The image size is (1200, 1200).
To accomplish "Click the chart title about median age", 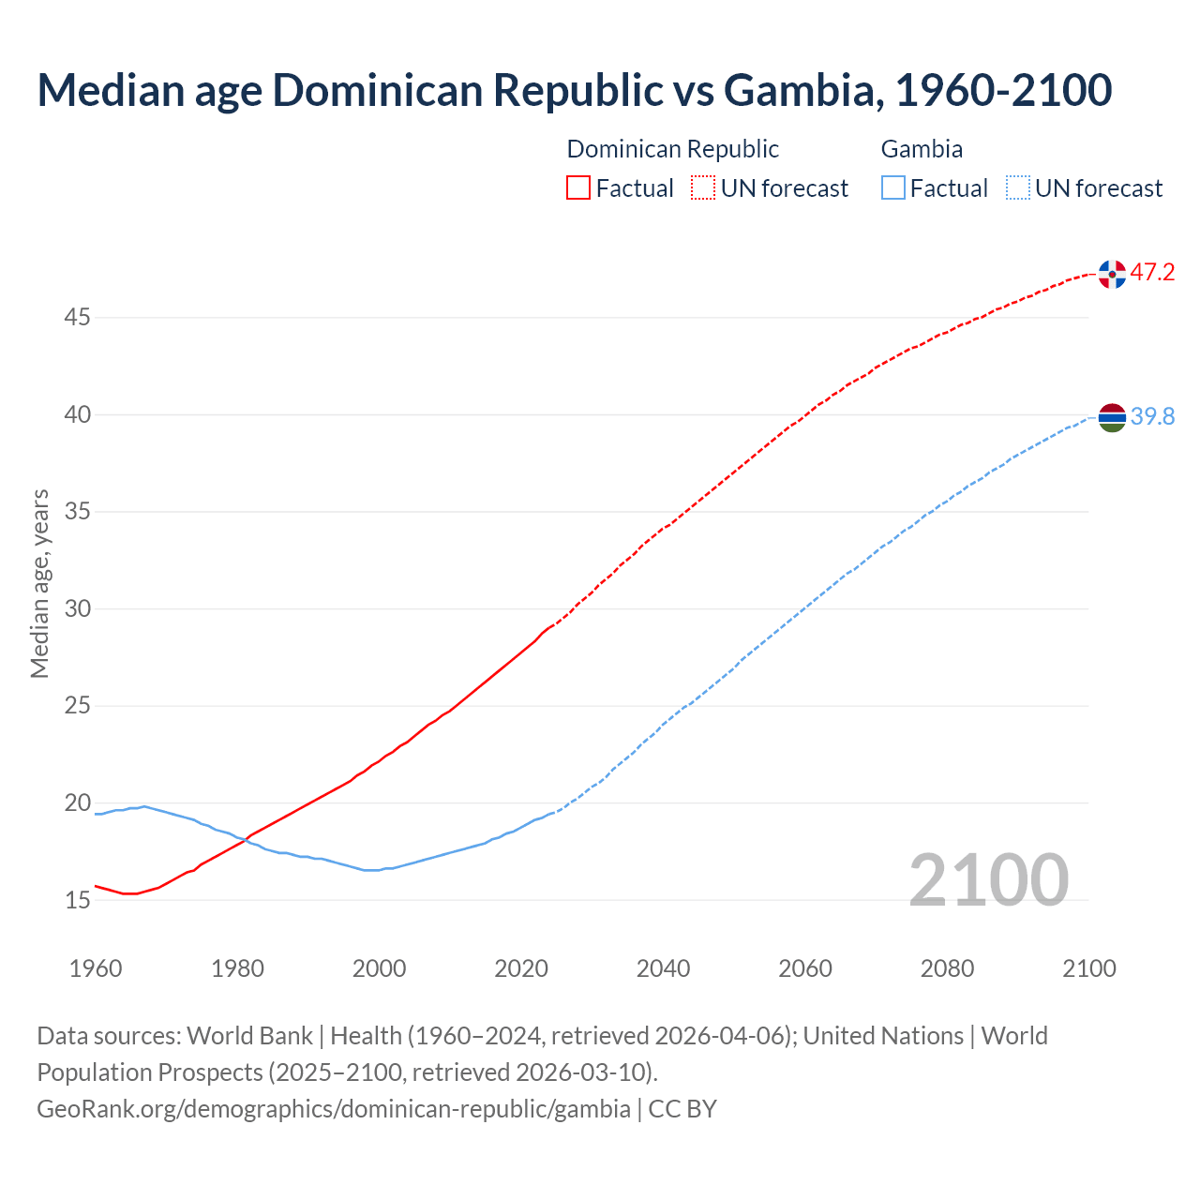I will (574, 90).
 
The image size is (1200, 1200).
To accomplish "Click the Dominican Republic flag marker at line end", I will (1112, 274).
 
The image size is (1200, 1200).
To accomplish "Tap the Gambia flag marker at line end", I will (1112, 417).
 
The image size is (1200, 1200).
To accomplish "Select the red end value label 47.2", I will (1152, 273).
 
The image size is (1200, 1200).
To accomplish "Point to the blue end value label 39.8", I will (1152, 416).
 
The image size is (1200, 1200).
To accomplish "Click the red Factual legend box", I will (578, 188).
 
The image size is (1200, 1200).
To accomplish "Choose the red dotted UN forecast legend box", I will (703, 188).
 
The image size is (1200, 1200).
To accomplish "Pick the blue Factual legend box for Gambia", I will (893, 188).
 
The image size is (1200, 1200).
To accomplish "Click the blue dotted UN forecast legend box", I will (1018, 188).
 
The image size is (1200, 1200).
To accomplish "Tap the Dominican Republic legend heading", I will (672, 149).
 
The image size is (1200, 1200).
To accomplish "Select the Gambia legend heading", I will (922, 149).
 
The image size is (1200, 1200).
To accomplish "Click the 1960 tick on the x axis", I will (96, 968).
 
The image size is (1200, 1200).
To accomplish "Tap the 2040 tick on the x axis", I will (663, 968).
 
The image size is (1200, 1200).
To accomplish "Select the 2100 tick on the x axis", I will (1088, 968).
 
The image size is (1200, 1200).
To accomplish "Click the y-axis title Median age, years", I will (39, 583).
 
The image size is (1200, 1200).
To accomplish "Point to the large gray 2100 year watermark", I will (988, 879).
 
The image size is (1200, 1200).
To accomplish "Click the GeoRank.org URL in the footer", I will (334, 1109).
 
